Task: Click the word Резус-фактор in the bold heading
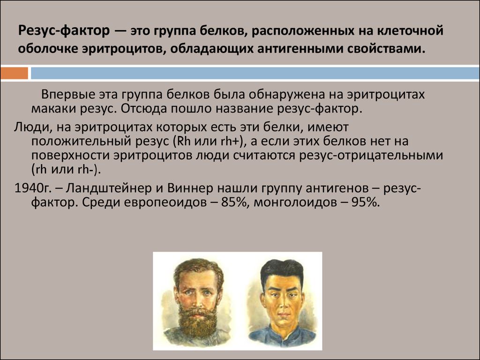pyautogui.click(x=64, y=31)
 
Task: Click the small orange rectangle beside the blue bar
pyautogui.click(x=14, y=73)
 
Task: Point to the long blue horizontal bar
pyautogui.click(x=255, y=73)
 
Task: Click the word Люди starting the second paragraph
pyautogui.click(x=30, y=127)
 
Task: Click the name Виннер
pyautogui.click(x=190, y=188)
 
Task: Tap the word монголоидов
pyautogui.click(x=295, y=202)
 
